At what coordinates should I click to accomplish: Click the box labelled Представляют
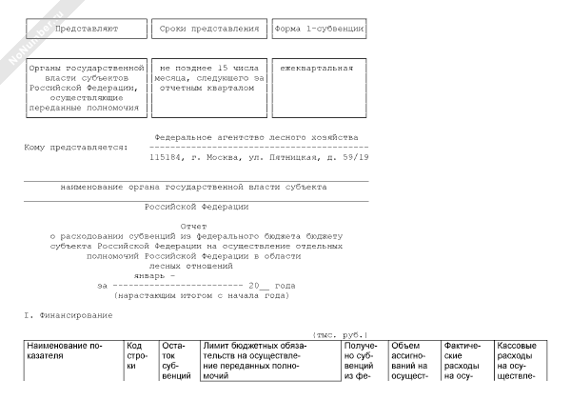(86, 30)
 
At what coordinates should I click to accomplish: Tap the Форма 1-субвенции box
(319, 30)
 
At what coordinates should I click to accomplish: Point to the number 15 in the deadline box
(223, 69)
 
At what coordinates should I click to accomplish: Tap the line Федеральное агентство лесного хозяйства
(254, 137)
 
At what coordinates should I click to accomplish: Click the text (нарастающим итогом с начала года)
(200, 295)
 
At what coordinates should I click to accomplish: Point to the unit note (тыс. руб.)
(339, 334)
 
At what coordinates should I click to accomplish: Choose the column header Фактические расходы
(463, 360)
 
